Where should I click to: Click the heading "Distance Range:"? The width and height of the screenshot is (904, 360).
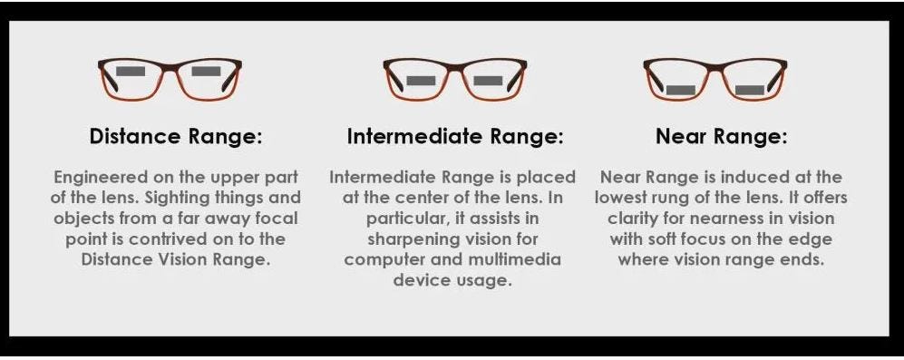pos(176,137)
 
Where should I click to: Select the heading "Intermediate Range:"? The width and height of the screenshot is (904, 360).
pos(454,137)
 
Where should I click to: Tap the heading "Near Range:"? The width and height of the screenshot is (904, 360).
pos(721,137)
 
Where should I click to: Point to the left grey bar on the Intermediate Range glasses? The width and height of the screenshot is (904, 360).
pos(421,81)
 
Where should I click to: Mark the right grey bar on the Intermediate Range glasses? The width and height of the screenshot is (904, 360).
pos(488,81)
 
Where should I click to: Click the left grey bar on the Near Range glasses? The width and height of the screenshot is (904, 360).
pos(680,90)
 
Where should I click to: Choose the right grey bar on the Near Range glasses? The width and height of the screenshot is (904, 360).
pos(750,90)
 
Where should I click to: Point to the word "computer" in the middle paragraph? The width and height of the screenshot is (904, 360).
pos(387,259)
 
